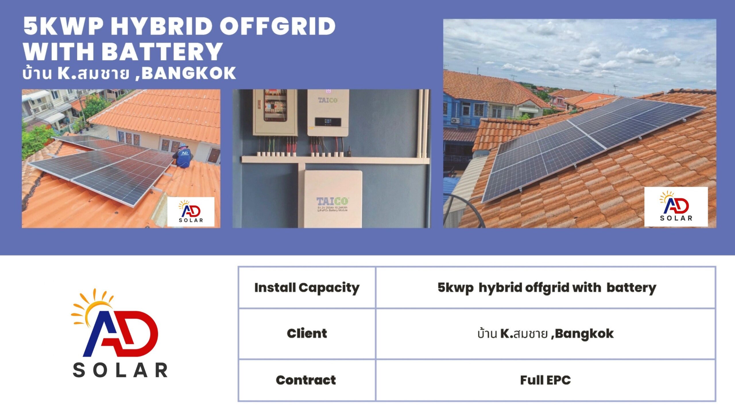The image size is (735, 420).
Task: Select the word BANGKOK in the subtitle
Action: [189, 73]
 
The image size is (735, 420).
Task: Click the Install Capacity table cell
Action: [307, 288]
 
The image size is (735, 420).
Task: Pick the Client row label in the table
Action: [307, 334]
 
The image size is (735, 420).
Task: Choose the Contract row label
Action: [306, 380]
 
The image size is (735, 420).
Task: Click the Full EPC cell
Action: [546, 380]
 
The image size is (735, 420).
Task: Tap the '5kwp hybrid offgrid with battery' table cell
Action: [546, 288]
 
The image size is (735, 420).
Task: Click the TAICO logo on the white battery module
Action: [332, 201]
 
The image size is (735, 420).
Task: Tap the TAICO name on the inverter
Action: [328, 100]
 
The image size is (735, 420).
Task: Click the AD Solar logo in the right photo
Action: [676, 206]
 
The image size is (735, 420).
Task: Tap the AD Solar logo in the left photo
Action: [191, 212]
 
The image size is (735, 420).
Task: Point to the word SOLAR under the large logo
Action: [120, 370]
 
